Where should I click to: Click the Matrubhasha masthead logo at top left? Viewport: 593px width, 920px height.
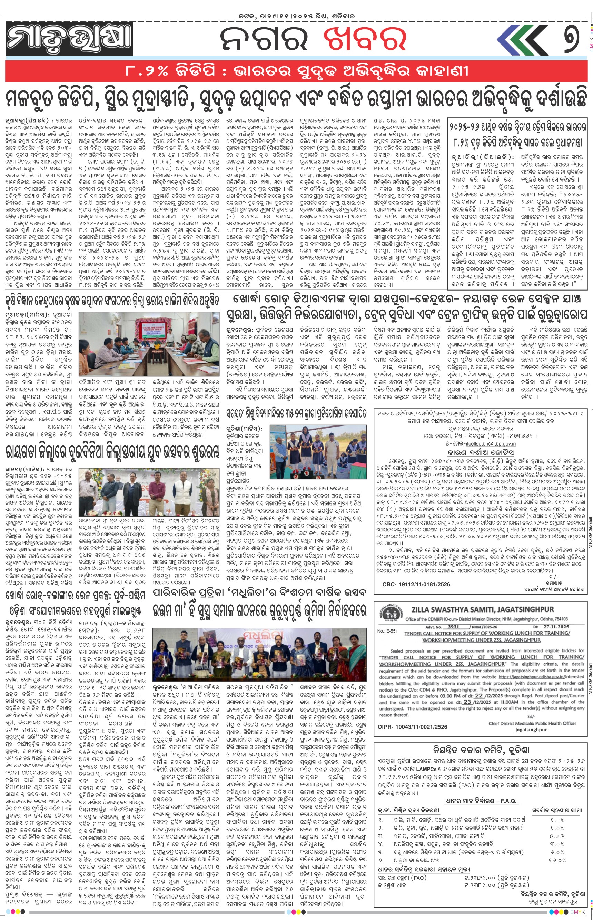[x=69, y=39]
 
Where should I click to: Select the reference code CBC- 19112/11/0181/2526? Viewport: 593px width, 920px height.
[x=416, y=584]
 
